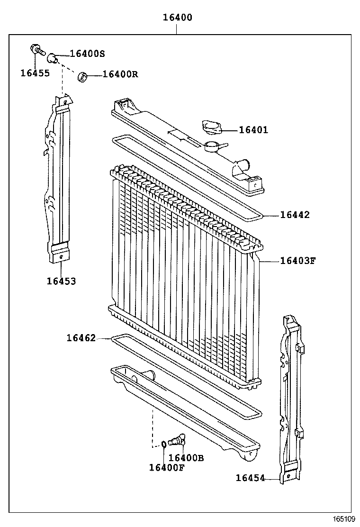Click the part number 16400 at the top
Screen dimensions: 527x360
pos(177,18)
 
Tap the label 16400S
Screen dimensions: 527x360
pos(87,54)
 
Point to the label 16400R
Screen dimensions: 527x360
pos(120,74)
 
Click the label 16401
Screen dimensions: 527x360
pos(253,130)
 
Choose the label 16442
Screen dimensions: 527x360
pos(294,215)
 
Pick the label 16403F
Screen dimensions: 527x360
pos(297,260)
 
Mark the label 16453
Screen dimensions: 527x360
pos(61,281)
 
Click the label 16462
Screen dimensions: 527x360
pos(81,338)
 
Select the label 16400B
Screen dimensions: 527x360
pos(186,458)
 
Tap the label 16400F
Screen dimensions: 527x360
pos(167,467)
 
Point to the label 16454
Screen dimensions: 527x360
pos(250,478)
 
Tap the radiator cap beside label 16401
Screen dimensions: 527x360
pos(209,127)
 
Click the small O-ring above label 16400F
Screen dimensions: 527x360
pos(163,444)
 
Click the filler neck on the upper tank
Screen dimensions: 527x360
pos(212,145)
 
